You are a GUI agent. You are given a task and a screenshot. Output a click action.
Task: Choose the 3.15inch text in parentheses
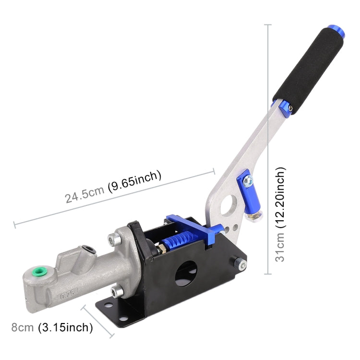click(x=66, y=328)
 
